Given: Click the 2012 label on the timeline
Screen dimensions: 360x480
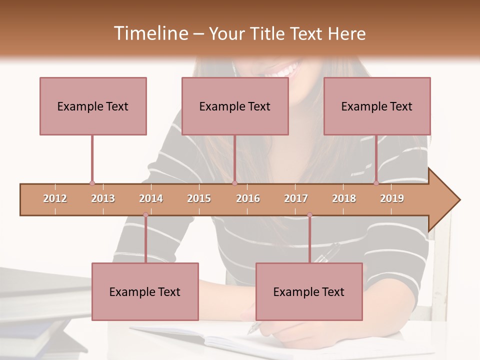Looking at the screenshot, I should pos(55,198).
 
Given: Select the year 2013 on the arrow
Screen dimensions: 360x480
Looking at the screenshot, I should pos(103,198).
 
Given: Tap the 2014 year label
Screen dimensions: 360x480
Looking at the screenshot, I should pos(151,198).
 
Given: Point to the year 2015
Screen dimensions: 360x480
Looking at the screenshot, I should pos(199,198).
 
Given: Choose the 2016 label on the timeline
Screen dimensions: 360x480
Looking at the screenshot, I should pos(248,198).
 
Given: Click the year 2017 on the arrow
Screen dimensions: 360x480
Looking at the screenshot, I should pos(296,198).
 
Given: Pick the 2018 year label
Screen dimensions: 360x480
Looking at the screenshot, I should pos(344,198).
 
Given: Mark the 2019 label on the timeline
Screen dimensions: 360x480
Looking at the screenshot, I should pos(392,198).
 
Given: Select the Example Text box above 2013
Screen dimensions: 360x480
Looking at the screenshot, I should pos(93,106).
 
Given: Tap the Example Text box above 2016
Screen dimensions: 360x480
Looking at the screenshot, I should pos(235,106).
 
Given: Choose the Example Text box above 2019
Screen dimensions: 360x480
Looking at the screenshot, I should pos(377,106).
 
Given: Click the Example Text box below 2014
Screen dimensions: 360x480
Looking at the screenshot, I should pos(145,291).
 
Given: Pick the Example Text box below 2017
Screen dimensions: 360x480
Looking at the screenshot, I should pos(309,291).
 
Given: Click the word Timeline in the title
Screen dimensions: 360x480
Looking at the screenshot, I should pos(149,33).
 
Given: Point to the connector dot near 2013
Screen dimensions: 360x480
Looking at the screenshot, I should pos(92,183).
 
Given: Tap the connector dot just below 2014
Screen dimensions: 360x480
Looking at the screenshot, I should pos(145,215).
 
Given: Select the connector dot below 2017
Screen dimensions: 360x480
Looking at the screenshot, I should pos(309,215).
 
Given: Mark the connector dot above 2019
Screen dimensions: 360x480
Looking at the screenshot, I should pos(376,183).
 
